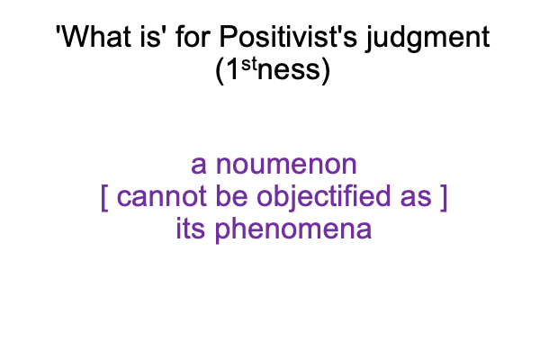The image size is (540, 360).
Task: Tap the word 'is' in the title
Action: tap(148, 37)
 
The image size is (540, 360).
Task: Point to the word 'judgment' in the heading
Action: tap(427, 39)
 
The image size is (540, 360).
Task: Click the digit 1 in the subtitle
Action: tap(232, 69)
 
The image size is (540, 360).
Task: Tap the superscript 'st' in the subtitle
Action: tap(249, 64)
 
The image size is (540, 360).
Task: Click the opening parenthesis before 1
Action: tap(220, 70)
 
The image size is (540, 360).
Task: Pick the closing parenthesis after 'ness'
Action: tap(326, 70)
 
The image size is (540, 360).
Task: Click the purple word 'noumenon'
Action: tap(286, 165)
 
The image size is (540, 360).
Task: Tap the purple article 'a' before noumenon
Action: tap(199, 165)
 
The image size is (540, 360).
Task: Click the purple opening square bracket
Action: tap(104, 197)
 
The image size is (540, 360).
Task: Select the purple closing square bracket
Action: tap(444, 197)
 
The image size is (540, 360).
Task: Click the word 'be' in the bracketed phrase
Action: tap(231, 195)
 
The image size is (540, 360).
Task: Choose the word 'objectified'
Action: tap(323, 198)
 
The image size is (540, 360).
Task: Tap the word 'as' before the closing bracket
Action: tap(416, 197)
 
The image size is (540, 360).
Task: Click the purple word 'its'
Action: tap(191, 228)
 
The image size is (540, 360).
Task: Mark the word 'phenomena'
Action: tap(293, 229)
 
